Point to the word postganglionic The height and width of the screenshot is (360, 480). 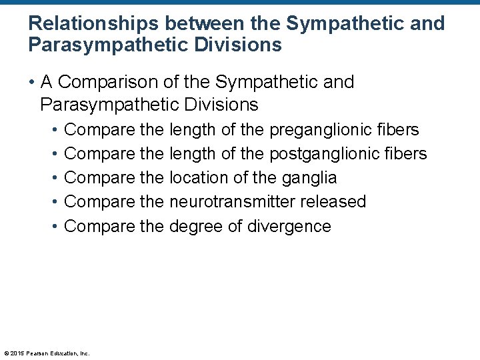coord(321,154)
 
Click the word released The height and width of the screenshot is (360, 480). coord(334,202)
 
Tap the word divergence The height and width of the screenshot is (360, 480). coord(289,226)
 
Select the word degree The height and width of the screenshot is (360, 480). coord(197,226)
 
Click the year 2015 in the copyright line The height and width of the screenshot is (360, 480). coord(16,353)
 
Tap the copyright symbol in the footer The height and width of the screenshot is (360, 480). coord(6,353)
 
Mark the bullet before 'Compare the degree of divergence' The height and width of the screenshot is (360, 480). coord(53,226)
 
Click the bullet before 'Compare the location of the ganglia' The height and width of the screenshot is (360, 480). coord(53,178)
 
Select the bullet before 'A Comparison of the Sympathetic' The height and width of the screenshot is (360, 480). coord(31,83)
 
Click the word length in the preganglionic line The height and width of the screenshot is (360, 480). coord(193,130)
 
